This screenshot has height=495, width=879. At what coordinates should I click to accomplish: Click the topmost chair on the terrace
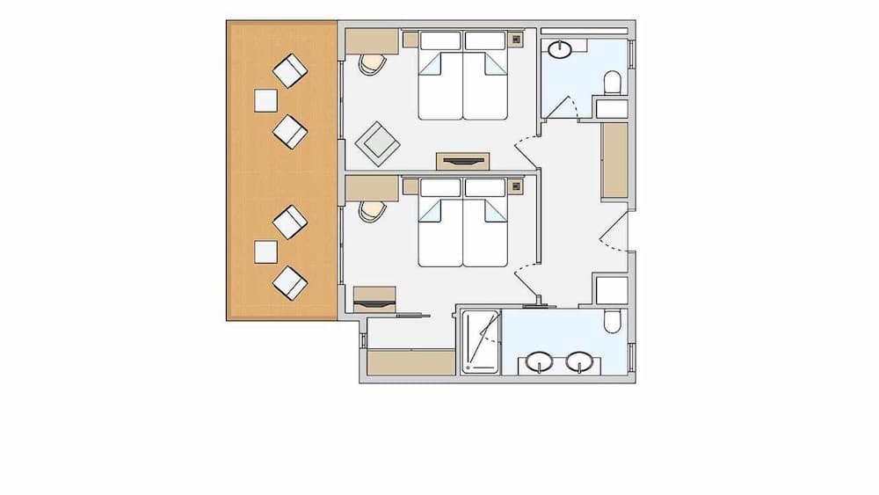coord(288,70)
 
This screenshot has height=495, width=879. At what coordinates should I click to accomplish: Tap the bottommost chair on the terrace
coord(290,283)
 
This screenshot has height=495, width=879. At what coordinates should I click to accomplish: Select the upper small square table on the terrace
coord(265,101)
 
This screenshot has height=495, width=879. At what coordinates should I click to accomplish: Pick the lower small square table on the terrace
coord(265,252)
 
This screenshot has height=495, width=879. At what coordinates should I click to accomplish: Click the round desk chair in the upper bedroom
coord(373,63)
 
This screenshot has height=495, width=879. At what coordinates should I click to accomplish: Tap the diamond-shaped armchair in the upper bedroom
coord(379,142)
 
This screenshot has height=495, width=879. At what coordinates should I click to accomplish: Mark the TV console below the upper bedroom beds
coord(463,161)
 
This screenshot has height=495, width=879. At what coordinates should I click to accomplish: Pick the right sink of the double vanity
coord(578,361)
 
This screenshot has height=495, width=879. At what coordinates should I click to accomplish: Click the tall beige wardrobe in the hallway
coord(614,161)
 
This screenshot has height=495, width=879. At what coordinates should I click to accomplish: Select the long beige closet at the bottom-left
coord(410,363)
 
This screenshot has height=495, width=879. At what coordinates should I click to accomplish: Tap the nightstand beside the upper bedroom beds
coord(516,38)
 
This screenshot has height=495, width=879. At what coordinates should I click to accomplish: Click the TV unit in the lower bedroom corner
coord(375,299)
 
